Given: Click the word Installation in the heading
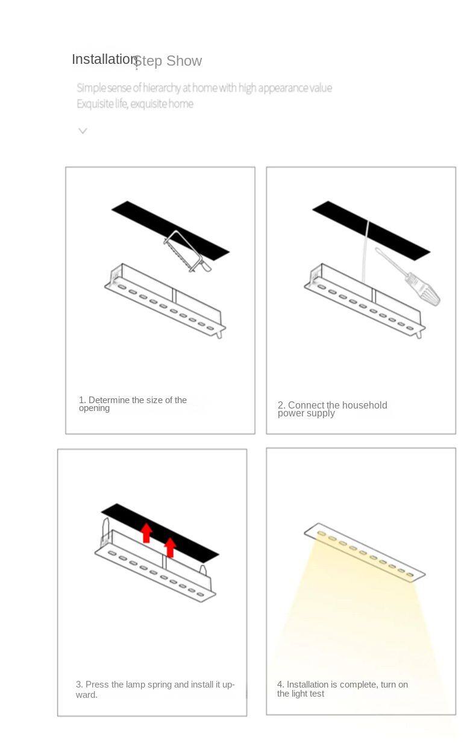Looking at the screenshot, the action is pos(105,60).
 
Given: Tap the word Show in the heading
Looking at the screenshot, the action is pos(184,61).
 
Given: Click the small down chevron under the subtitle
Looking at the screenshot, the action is pos(83,131).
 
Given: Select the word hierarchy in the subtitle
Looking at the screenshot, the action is pos(162,88).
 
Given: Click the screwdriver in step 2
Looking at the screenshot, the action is pos(407,277).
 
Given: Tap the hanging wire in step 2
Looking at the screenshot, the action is pos(366,252).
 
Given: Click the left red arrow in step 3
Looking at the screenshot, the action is pos(146,533).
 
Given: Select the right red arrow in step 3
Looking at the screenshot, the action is pos(170,547).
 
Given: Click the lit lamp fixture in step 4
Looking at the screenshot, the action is pos(365,552).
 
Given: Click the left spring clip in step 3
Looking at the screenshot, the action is pos(105,531).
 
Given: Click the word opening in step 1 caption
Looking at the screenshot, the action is pos(94,409).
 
